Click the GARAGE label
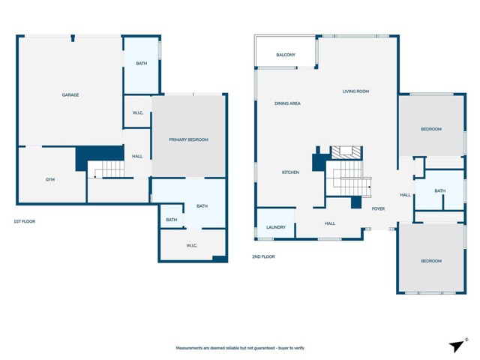tap(70, 95)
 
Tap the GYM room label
tap(50, 179)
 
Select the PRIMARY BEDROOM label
tap(188, 139)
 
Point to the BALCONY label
tap(286, 55)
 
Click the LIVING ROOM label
tap(355, 91)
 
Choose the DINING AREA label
tap(287, 103)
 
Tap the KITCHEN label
tap(290, 172)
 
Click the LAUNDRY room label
tap(276, 227)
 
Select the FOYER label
tap(378, 208)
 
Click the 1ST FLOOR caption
tap(25, 221)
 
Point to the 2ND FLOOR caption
tap(263, 256)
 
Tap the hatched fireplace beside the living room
tap(346, 152)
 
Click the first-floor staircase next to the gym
tap(106, 169)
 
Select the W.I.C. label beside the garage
tap(138, 113)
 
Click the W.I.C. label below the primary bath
tap(192, 245)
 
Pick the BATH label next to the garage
tap(142, 63)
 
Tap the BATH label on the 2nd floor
tap(440, 190)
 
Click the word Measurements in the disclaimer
tap(189, 348)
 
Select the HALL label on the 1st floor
tap(137, 157)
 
